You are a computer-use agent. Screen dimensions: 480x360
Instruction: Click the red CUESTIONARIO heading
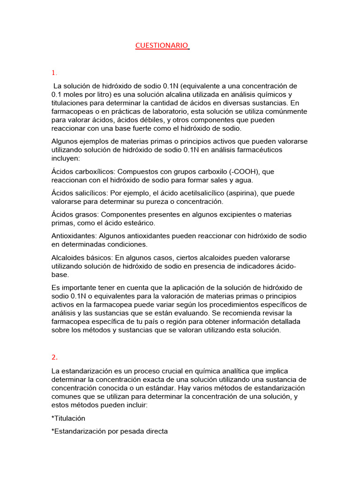161,45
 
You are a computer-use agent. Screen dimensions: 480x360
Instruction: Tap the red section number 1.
54,73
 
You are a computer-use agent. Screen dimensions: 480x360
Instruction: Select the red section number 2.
54,357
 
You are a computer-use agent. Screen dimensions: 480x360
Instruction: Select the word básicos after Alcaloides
97,257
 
